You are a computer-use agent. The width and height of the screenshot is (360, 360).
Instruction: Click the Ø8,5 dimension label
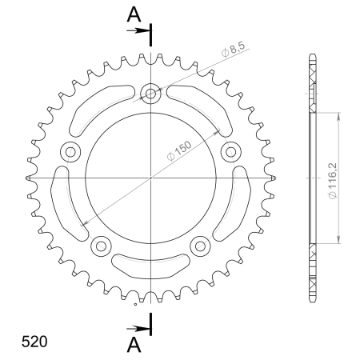pos(233,49)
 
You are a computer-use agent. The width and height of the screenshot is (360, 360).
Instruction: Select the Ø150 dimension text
pos(179,151)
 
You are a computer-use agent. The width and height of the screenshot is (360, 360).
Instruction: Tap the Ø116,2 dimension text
pos(333,181)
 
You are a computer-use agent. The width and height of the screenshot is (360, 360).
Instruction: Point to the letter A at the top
pos(134,14)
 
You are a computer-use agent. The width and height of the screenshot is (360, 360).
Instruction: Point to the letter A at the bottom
pos(134,345)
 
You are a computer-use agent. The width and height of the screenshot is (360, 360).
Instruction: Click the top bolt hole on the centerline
pos(150,94)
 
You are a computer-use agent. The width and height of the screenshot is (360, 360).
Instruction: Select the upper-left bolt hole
pos(70,152)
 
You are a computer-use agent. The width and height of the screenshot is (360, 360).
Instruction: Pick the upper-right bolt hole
pos(231,152)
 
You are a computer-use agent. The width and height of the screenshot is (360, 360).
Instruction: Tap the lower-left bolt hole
pos(101,246)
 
